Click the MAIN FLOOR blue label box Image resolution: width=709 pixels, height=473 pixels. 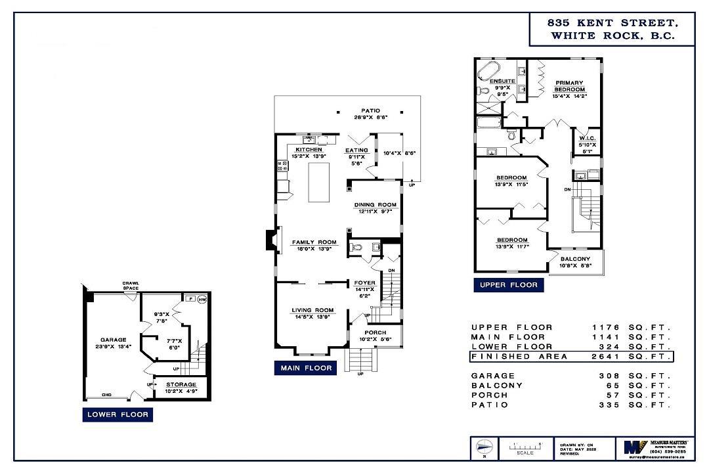307,368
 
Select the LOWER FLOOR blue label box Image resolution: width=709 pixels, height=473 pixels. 118,415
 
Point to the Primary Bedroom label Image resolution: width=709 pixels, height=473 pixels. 569,85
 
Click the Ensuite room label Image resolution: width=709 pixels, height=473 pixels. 503,81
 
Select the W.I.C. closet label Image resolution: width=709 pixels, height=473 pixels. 587,139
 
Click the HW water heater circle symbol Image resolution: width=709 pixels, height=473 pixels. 202,299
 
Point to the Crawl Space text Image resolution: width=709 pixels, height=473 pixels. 131,286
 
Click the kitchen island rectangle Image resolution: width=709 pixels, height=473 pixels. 320,182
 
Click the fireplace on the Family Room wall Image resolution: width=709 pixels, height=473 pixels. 270,240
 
